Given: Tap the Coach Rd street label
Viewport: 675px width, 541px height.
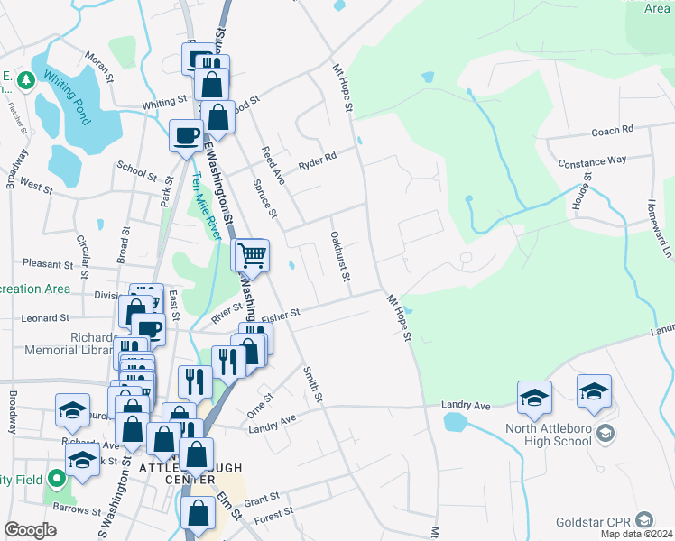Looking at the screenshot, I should tap(612, 132).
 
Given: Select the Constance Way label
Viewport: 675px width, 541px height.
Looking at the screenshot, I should tap(592, 161).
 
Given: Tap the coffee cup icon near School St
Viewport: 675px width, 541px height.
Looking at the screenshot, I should tap(187, 136).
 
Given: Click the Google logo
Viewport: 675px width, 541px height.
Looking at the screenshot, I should tap(30, 530).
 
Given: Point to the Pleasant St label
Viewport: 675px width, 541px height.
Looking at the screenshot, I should tap(48, 265).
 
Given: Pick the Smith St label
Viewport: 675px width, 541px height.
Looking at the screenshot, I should tap(313, 384).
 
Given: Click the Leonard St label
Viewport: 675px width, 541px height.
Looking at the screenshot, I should tap(46, 318).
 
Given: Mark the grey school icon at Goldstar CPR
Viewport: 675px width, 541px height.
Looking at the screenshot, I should tap(643, 520).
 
